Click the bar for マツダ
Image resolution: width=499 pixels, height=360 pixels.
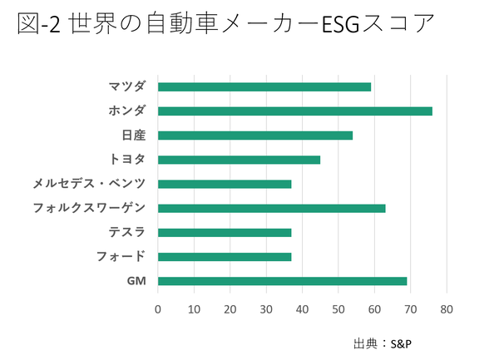264,86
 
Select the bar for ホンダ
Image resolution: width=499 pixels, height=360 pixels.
294,111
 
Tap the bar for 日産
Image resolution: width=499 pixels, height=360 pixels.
255,135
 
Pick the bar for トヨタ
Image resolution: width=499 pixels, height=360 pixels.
239,160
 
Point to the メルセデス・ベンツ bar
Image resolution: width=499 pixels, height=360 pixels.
225,184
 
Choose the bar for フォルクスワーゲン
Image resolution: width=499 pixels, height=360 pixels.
271,208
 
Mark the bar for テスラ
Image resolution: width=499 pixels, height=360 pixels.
225,233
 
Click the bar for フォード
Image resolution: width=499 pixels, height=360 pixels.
225,257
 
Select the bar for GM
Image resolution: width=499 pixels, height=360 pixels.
282,281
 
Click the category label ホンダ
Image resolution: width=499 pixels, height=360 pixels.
127,111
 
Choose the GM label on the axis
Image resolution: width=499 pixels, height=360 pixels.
136,281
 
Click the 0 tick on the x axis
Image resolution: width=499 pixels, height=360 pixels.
158,310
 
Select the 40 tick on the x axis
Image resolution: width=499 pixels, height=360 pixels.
303,310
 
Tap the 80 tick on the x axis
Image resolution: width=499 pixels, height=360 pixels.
447,310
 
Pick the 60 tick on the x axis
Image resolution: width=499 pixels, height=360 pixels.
375,310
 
